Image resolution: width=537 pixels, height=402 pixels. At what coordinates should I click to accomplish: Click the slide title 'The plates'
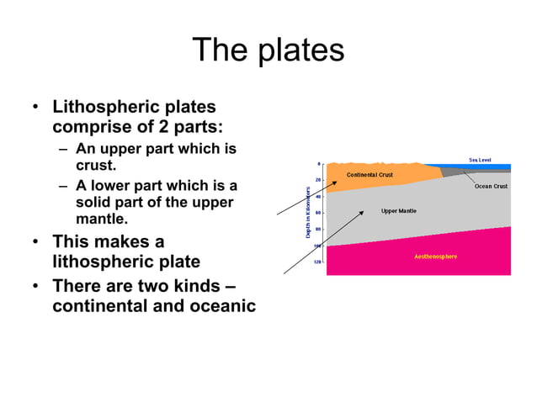(x=268, y=50)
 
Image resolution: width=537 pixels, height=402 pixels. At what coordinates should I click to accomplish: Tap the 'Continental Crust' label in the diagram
(x=370, y=174)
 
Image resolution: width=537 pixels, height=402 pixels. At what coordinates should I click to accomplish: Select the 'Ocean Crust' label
(x=491, y=186)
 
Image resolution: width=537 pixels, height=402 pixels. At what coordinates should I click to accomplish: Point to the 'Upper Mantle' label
(x=398, y=210)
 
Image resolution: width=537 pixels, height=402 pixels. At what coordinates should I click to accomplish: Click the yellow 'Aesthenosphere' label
(x=435, y=256)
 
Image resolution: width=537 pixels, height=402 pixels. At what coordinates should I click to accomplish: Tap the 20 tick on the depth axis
(x=318, y=180)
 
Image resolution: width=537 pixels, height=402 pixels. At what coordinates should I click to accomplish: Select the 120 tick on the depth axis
(x=317, y=262)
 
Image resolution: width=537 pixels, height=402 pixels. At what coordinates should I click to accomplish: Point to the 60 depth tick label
(x=318, y=213)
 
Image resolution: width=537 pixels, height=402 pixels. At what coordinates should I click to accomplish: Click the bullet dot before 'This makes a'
(x=35, y=242)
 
